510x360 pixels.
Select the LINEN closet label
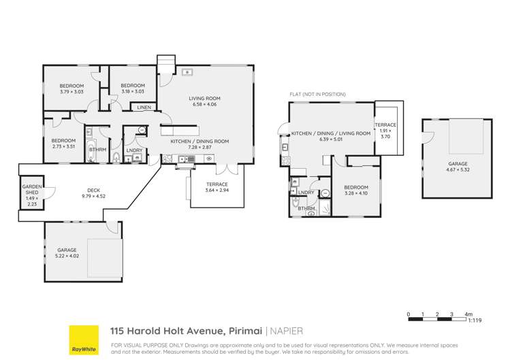[144, 108]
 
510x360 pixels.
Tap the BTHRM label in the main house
[97, 149]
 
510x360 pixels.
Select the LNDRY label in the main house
[134, 150]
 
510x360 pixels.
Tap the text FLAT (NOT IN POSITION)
[317, 94]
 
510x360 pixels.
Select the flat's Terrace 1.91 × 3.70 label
[385, 131]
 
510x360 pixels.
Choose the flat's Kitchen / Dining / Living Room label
[331, 134]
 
